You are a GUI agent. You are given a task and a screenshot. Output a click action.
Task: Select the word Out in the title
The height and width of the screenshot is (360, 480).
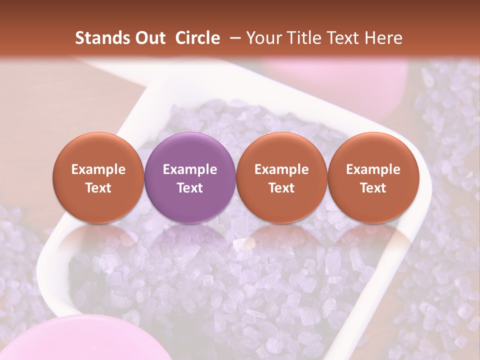point(150,38)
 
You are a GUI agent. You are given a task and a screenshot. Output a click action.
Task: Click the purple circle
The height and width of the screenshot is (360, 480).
point(190,177)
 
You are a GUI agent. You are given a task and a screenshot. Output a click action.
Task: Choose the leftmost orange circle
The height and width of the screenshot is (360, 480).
point(98,177)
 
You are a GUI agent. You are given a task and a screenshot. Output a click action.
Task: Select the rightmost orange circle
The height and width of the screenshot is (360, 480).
point(373,177)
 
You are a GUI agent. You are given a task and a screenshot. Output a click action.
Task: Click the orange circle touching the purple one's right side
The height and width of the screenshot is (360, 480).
point(281,177)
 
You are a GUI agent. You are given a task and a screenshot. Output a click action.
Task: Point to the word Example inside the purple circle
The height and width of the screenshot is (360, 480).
point(190,169)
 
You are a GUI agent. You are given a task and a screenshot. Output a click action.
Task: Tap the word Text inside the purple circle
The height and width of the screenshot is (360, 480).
point(190,188)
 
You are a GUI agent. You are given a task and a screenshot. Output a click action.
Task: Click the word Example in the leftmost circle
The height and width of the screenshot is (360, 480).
point(98,169)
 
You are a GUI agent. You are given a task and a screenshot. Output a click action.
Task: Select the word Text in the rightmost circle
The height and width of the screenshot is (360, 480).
point(373,188)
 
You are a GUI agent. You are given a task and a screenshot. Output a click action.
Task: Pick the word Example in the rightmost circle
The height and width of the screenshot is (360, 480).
point(373,169)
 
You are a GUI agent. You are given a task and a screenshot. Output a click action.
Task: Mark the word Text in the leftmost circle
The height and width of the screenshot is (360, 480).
point(98,188)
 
